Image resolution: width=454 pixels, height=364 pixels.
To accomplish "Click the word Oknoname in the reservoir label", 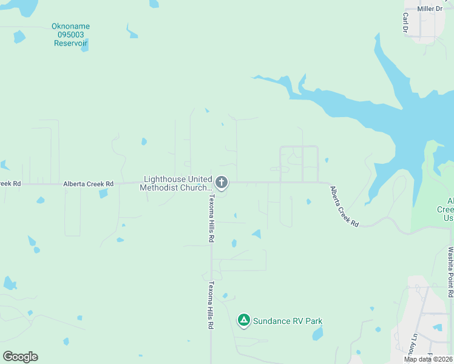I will point(70,27).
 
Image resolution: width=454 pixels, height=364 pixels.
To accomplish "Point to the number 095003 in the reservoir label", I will point(70,35).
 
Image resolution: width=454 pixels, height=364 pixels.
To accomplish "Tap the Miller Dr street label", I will point(430,8).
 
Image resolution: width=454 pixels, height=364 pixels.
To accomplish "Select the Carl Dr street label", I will point(405,23).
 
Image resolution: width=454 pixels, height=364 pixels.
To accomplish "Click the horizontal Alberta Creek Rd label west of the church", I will point(89,184).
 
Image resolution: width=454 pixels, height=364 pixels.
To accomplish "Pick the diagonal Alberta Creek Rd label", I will point(344,206).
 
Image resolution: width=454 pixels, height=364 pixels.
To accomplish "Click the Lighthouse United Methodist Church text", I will point(177,183).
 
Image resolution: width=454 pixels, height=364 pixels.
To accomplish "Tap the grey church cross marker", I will point(222,182).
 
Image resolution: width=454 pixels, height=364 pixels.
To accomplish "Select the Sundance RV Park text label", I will point(288,321).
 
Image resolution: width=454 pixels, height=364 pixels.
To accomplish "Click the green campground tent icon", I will point(244,320).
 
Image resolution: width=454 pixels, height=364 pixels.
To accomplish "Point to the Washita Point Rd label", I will point(450,271).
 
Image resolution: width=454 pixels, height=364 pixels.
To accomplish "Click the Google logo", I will point(20,357).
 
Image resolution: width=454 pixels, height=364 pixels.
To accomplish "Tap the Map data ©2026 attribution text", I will point(428,359).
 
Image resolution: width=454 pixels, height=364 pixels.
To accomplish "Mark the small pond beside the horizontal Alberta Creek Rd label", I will point(103,194).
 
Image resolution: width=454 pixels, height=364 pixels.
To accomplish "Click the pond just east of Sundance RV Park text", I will point(317,333).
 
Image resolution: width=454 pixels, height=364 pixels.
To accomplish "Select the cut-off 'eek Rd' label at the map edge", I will point(10,184).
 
